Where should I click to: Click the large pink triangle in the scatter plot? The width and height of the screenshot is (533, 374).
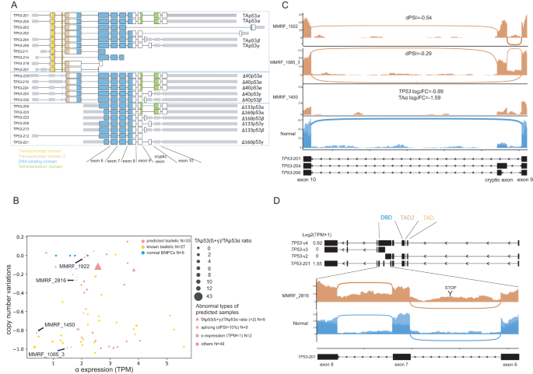(98, 267)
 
